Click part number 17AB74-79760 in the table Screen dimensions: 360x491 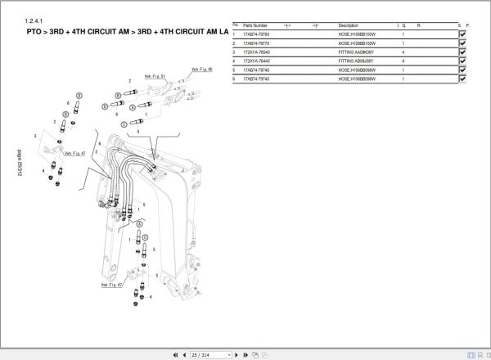click(x=256, y=34)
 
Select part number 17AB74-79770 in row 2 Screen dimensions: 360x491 click(x=256, y=43)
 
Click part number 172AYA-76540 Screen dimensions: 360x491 click(x=256, y=52)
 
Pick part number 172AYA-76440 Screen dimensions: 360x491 click(x=256, y=61)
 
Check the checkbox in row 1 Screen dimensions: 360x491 click(x=463, y=34)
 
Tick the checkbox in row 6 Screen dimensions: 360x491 click(x=463, y=79)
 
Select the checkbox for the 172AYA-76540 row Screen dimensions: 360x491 click(x=463, y=52)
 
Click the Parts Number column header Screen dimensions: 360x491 click(x=256, y=25)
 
